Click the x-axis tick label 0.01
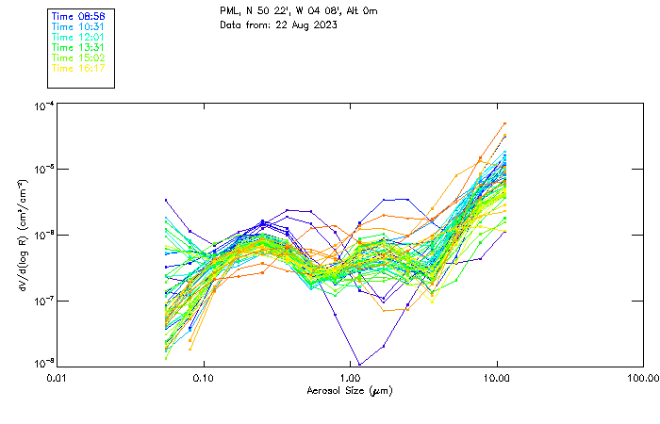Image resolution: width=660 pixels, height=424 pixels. pos(57,378)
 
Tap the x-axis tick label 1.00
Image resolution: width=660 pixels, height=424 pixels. pos(351,378)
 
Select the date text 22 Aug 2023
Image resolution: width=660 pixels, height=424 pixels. pos(307,24)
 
